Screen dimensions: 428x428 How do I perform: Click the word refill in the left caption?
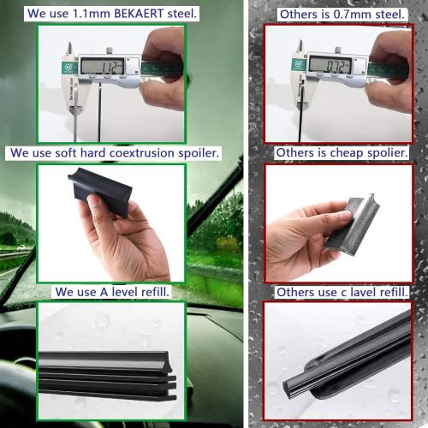149,292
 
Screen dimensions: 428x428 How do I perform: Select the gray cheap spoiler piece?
352,222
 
